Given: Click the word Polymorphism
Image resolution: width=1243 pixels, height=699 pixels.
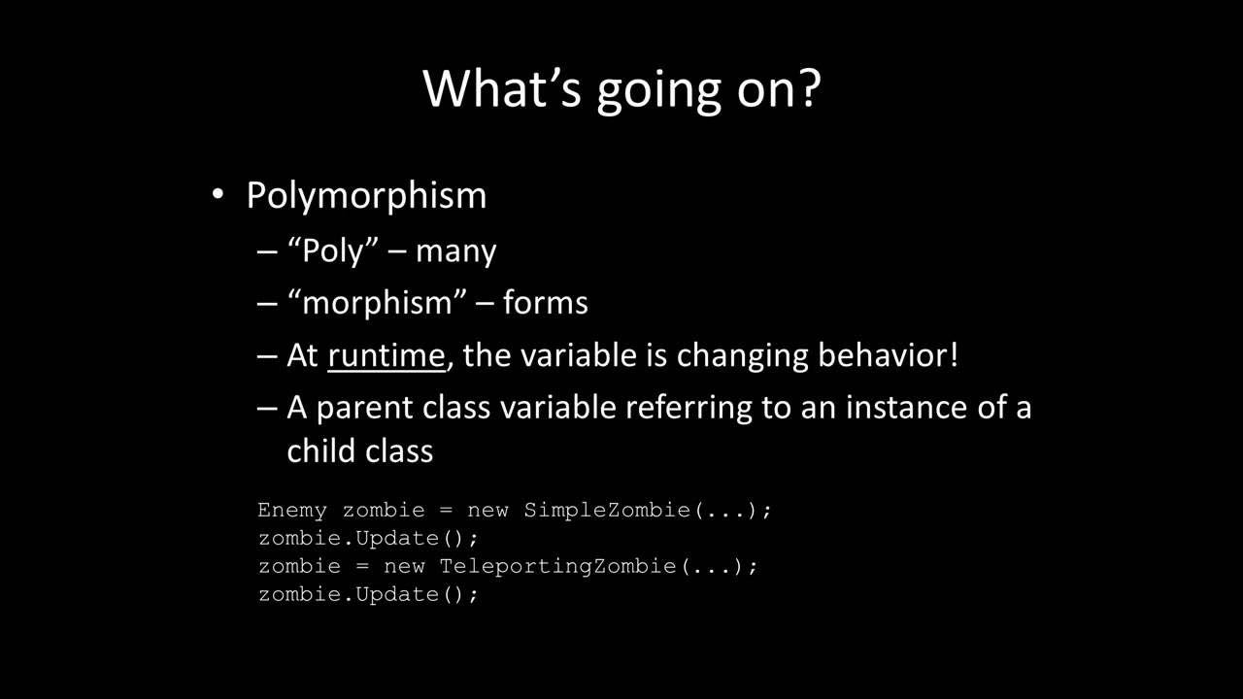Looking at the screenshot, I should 366,196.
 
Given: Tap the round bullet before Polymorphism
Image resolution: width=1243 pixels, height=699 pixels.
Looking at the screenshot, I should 218,196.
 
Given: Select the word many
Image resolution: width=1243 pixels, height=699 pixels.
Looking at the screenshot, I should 455,250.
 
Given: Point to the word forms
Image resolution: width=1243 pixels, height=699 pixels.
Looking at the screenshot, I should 545,303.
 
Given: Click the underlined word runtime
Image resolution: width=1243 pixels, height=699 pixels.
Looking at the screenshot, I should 386,355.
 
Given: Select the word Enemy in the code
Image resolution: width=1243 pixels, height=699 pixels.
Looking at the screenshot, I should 292,510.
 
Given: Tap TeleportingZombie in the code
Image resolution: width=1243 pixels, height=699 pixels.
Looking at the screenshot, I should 557,566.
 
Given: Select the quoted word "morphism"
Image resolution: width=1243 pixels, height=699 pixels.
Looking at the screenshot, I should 373,303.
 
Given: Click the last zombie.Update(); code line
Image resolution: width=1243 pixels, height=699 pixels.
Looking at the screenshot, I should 368,594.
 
